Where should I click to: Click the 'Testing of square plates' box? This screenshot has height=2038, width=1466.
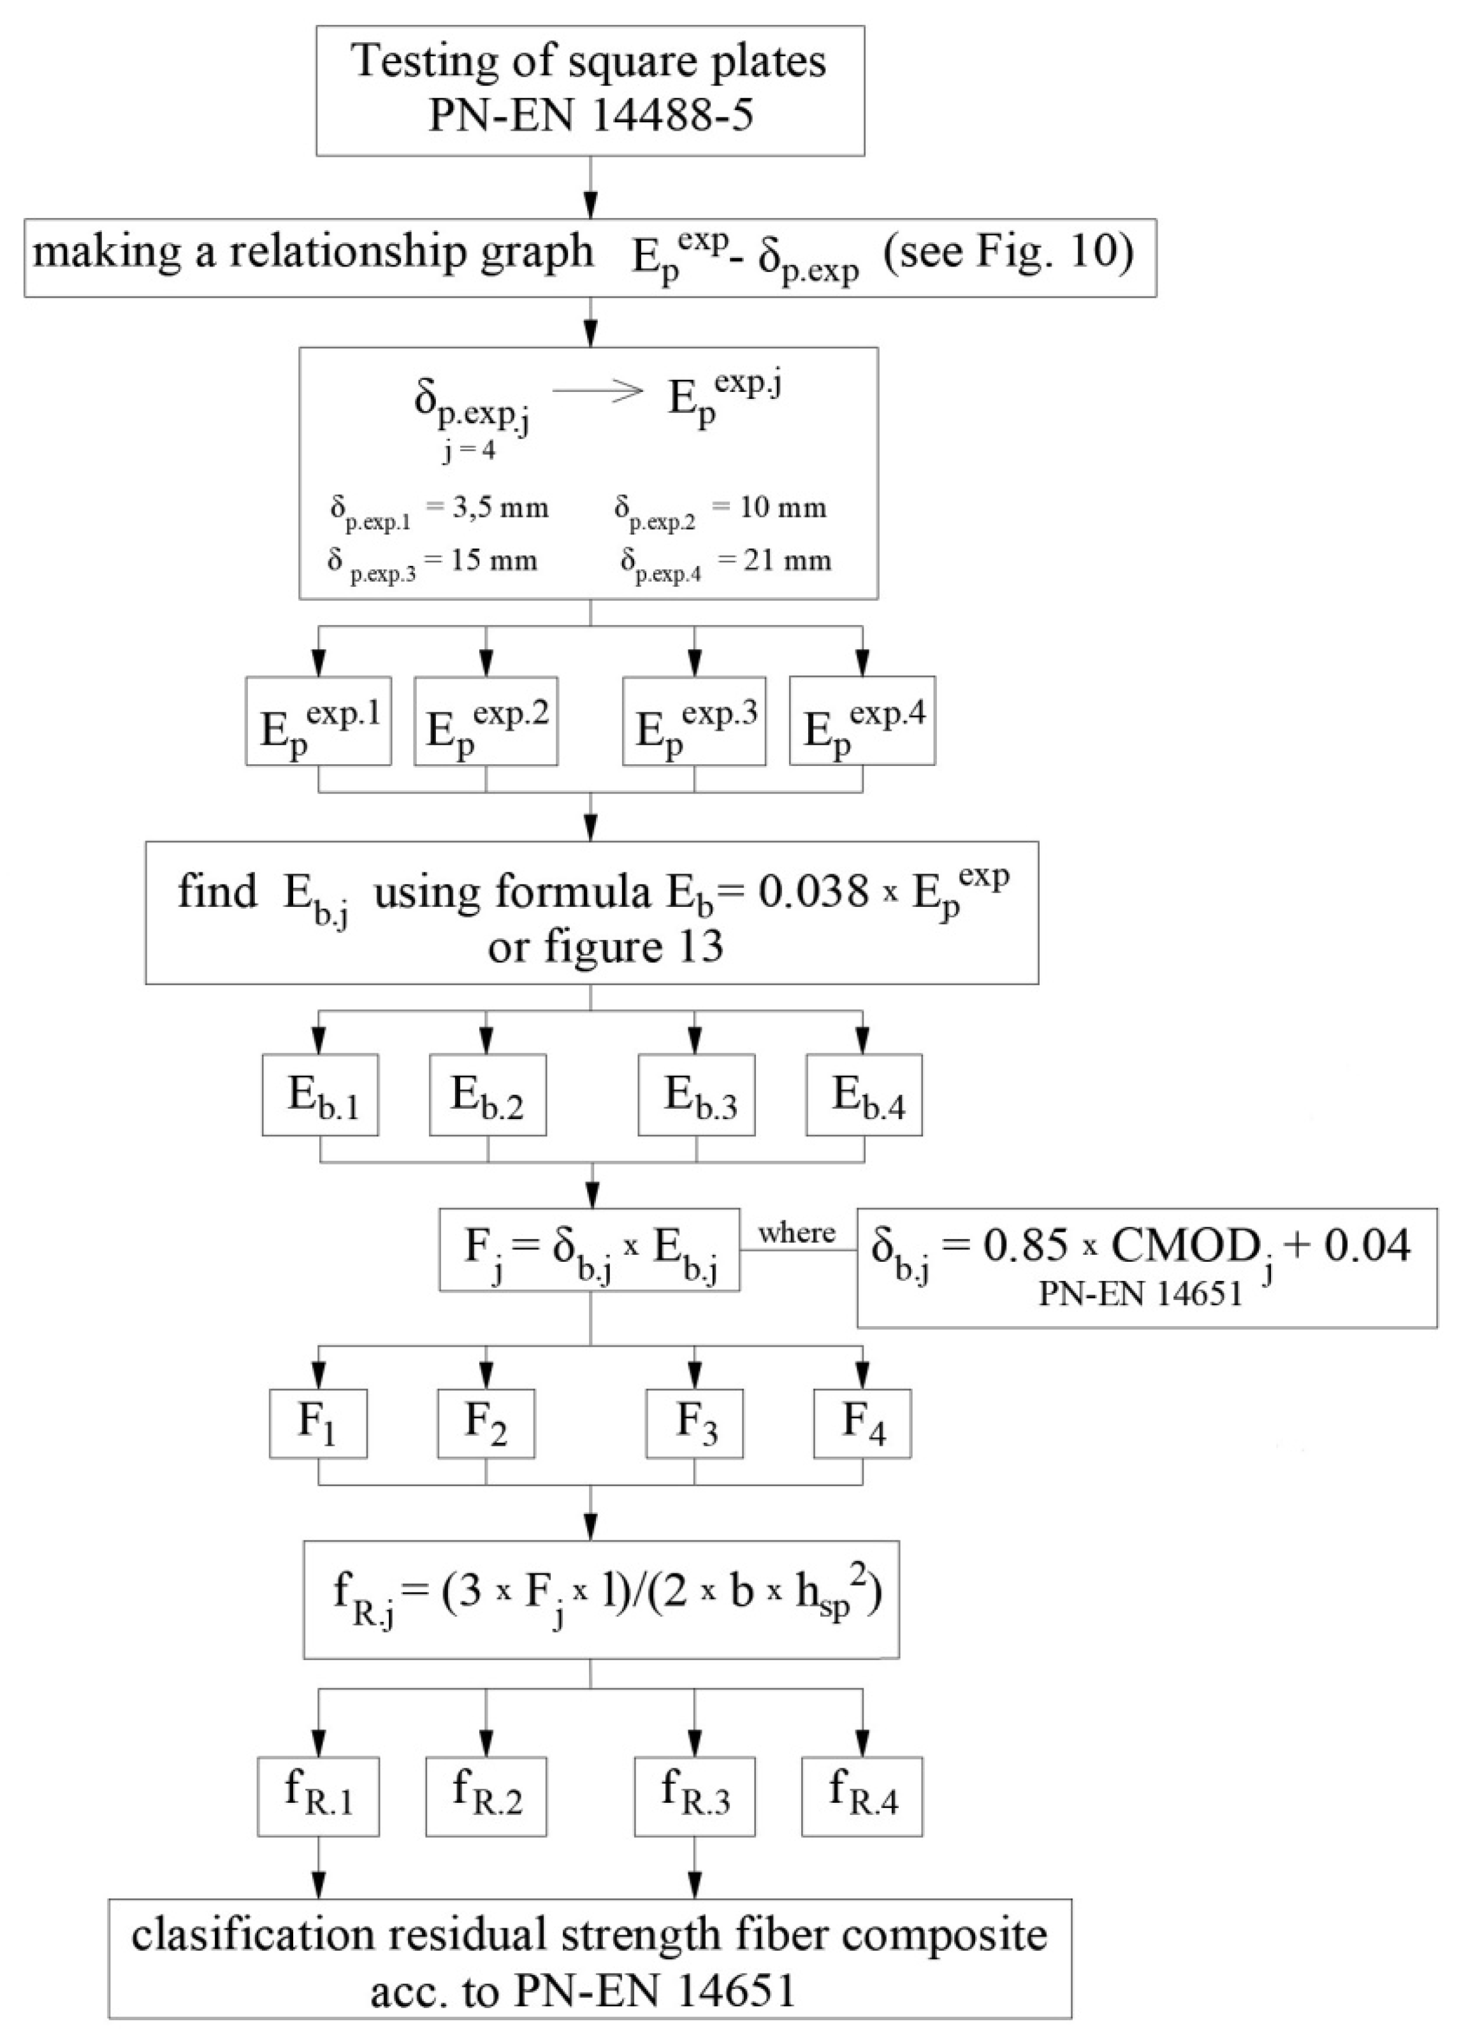coord(590,90)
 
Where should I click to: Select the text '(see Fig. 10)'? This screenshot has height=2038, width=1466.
coord(1008,254)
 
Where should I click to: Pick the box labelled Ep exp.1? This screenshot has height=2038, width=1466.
coord(318,721)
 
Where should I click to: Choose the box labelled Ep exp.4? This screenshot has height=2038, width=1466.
coord(862,721)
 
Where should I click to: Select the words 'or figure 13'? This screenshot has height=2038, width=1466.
coord(605,946)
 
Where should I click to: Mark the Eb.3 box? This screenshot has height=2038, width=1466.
coord(697,1094)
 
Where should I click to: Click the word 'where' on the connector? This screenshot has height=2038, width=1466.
coord(796,1233)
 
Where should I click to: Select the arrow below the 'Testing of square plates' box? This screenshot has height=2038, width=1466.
coord(590,188)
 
